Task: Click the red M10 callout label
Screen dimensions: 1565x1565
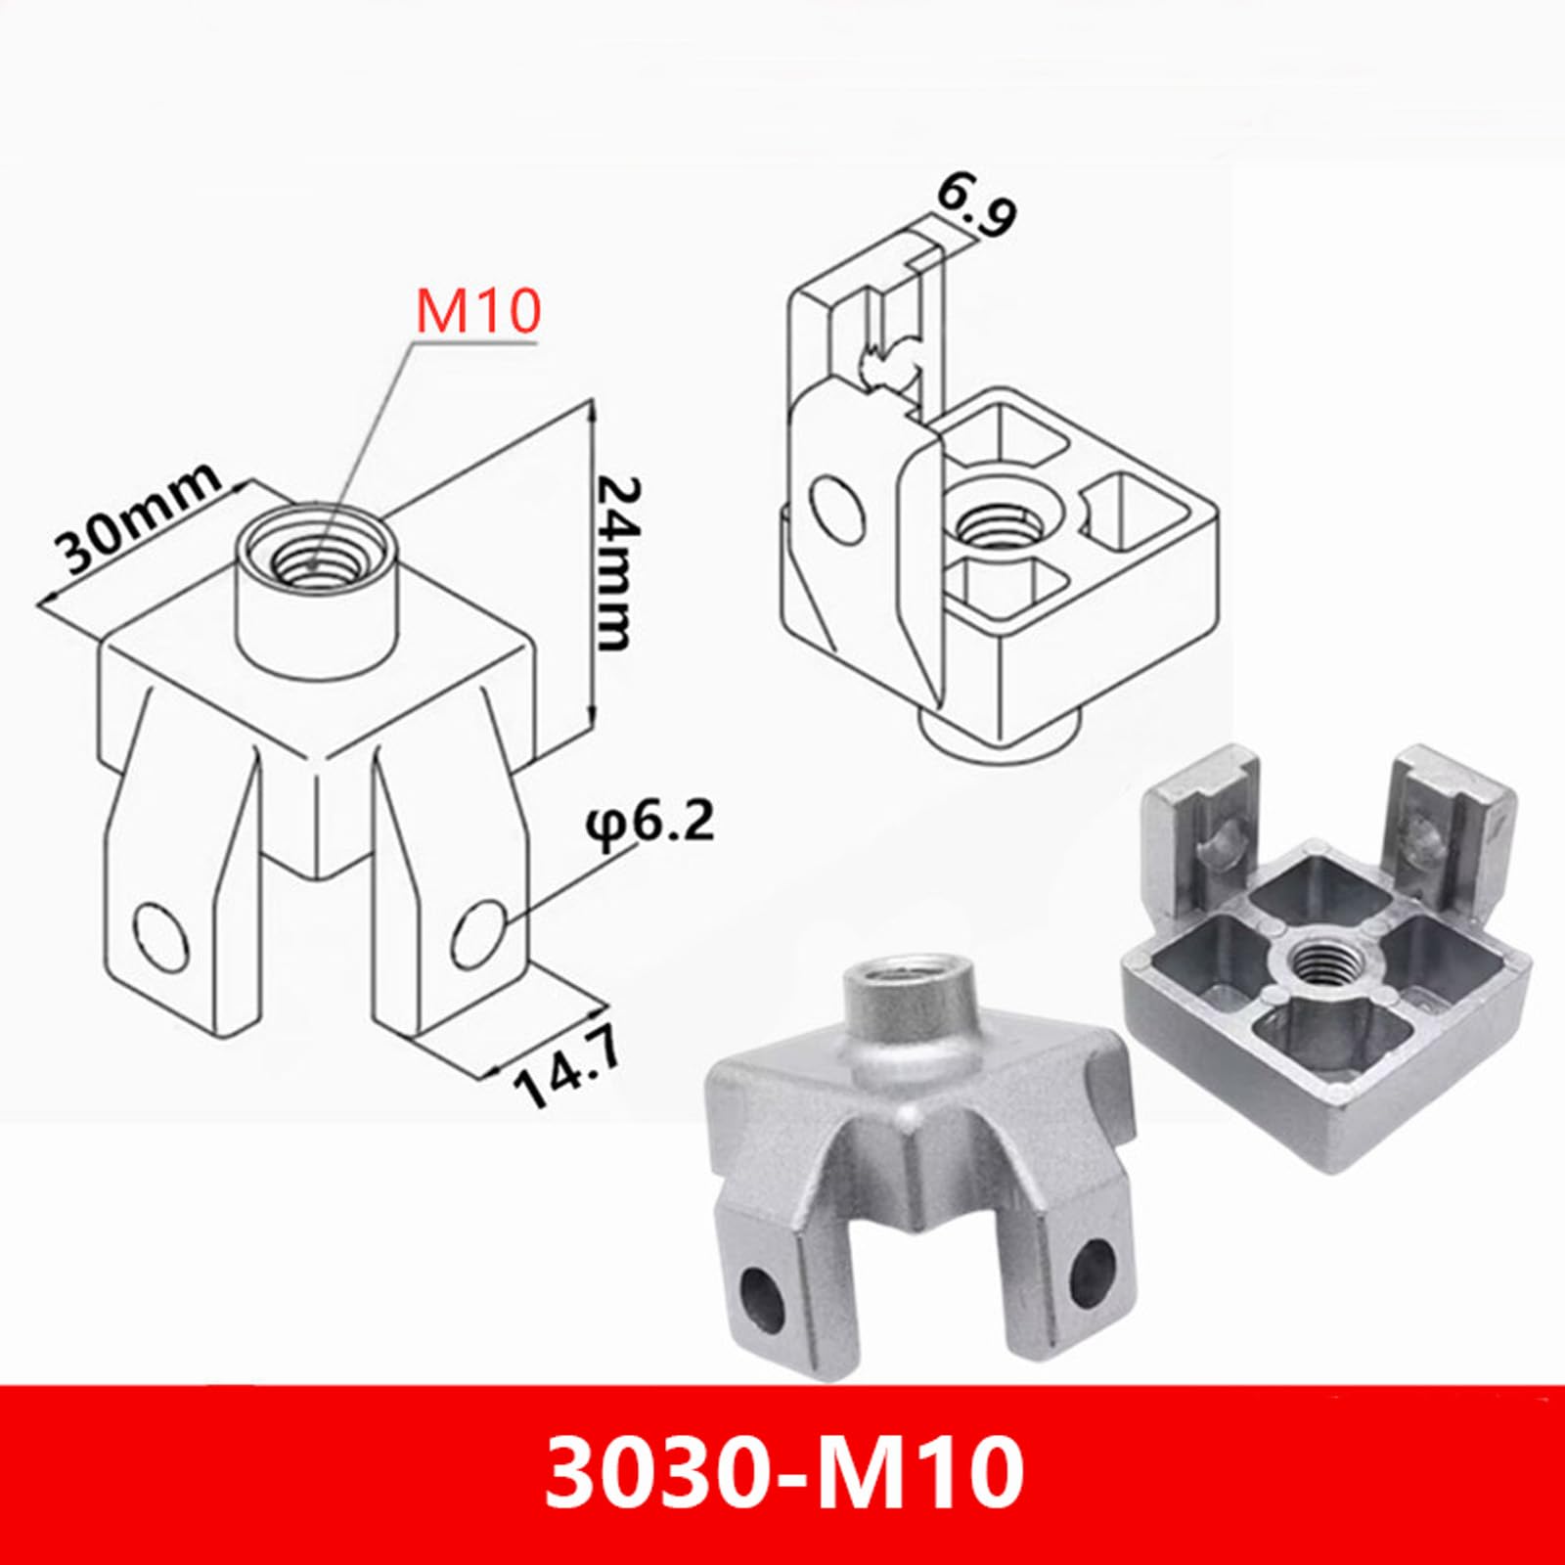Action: point(478,312)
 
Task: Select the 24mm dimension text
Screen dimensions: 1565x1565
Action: point(615,564)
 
